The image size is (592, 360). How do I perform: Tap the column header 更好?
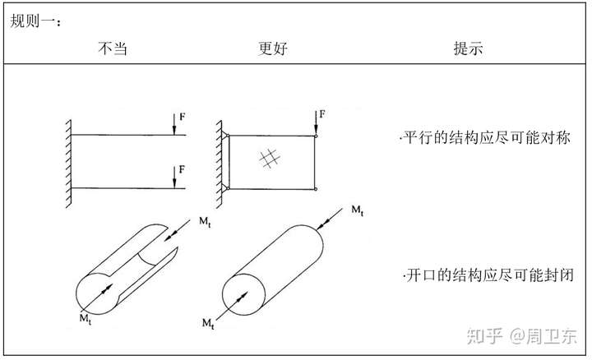click(x=272, y=48)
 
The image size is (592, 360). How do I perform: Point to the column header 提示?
click(x=468, y=48)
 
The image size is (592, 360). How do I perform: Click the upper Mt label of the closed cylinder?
click(x=357, y=211)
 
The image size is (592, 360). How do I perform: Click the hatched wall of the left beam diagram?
click(x=66, y=161)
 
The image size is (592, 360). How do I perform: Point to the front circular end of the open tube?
click(x=98, y=288)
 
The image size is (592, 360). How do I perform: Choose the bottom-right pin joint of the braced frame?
click(x=316, y=189)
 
